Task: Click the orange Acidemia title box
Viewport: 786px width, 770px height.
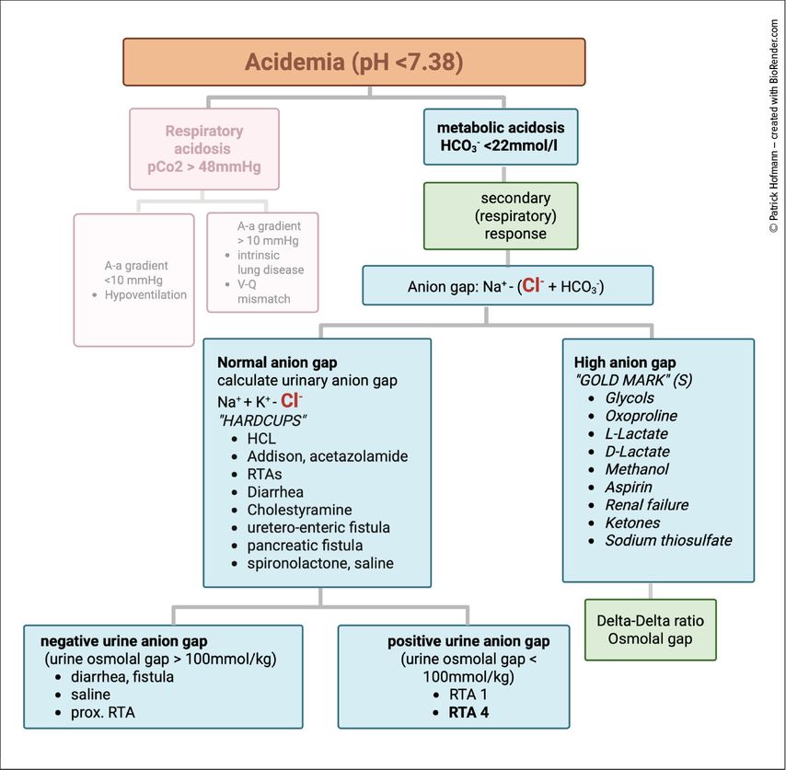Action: [353, 63]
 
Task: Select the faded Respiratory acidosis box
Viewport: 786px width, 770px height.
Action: [203, 148]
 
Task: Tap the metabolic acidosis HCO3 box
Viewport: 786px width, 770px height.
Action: [501, 137]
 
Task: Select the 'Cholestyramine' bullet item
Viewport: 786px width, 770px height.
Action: [298, 510]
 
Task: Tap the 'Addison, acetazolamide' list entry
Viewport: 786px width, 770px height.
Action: [327, 456]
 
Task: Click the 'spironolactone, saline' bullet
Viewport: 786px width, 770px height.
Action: [319, 563]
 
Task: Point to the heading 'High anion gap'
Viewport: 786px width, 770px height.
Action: [624, 362]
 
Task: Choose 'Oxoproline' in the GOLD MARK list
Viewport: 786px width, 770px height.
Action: [636, 416]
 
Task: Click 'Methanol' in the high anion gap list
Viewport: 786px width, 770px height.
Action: [636, 469]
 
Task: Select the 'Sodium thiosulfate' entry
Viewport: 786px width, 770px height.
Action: [668, 540]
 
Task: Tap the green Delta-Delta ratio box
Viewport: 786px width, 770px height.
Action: [650, 629]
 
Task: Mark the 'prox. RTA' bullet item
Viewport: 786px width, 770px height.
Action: [102, 712]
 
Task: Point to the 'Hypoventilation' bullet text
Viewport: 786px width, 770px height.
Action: [145, 295]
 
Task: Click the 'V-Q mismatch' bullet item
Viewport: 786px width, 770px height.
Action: [263, 293]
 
